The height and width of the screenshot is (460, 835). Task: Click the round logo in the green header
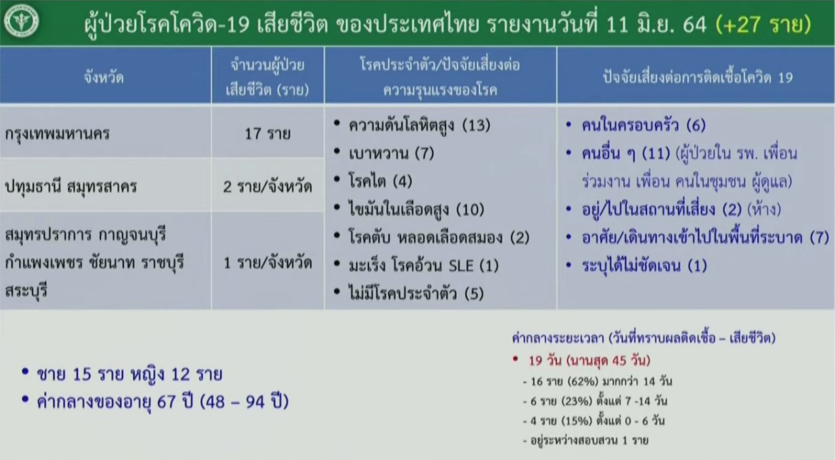(x=22, y=21)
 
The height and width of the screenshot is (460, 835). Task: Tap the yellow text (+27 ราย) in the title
(x=763, y=25)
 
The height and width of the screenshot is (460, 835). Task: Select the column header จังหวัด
(x=104, y=78)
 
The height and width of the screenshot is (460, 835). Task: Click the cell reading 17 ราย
(x=267, y=134)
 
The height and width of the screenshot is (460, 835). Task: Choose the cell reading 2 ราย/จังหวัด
(x=267, y=186)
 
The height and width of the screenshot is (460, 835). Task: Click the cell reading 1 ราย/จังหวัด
(x=267, y=263)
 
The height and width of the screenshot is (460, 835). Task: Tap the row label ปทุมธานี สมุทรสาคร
(x=71, y=187)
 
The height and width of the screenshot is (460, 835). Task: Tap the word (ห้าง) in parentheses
(x=764, y=210)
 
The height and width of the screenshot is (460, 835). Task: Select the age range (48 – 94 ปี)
(x=244, y=401)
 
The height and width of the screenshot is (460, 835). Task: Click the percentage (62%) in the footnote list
(x=583, y=381)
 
